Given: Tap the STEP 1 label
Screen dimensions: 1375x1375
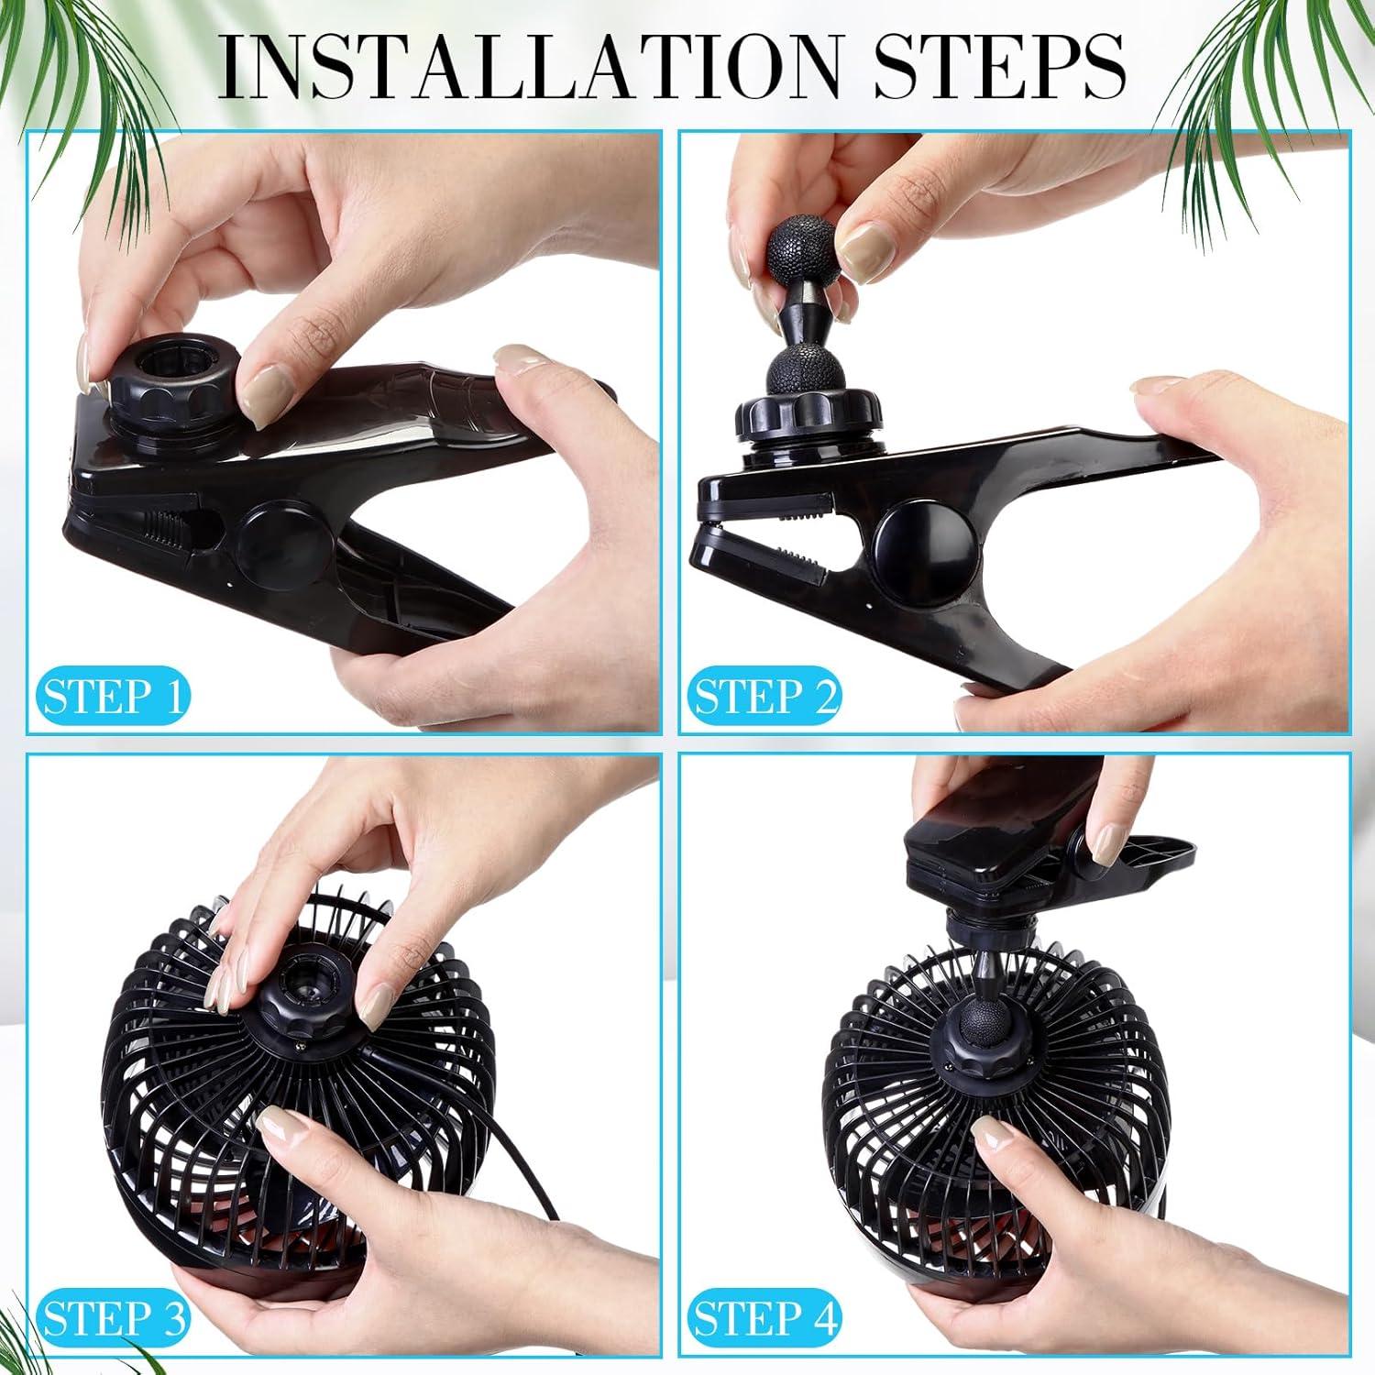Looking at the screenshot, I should (x=113, y=696).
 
